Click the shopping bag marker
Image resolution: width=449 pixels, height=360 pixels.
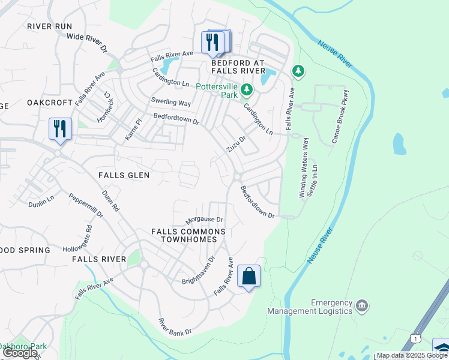click(x=249, y=277)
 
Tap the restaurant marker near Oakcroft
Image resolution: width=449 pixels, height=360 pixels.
click(x=60, y=129)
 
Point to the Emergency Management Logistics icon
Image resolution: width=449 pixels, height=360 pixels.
click(x=362, y=305)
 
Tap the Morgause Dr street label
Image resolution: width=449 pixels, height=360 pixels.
click(x=204, y=220)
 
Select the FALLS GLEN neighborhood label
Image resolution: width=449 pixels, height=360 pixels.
click(x=123, y=175)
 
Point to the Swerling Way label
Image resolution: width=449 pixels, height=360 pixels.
click(x=170, y=103)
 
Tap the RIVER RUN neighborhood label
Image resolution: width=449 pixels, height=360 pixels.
click(x=49, y=26)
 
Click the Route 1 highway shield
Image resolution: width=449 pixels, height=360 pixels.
click(x=415, y=339)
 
